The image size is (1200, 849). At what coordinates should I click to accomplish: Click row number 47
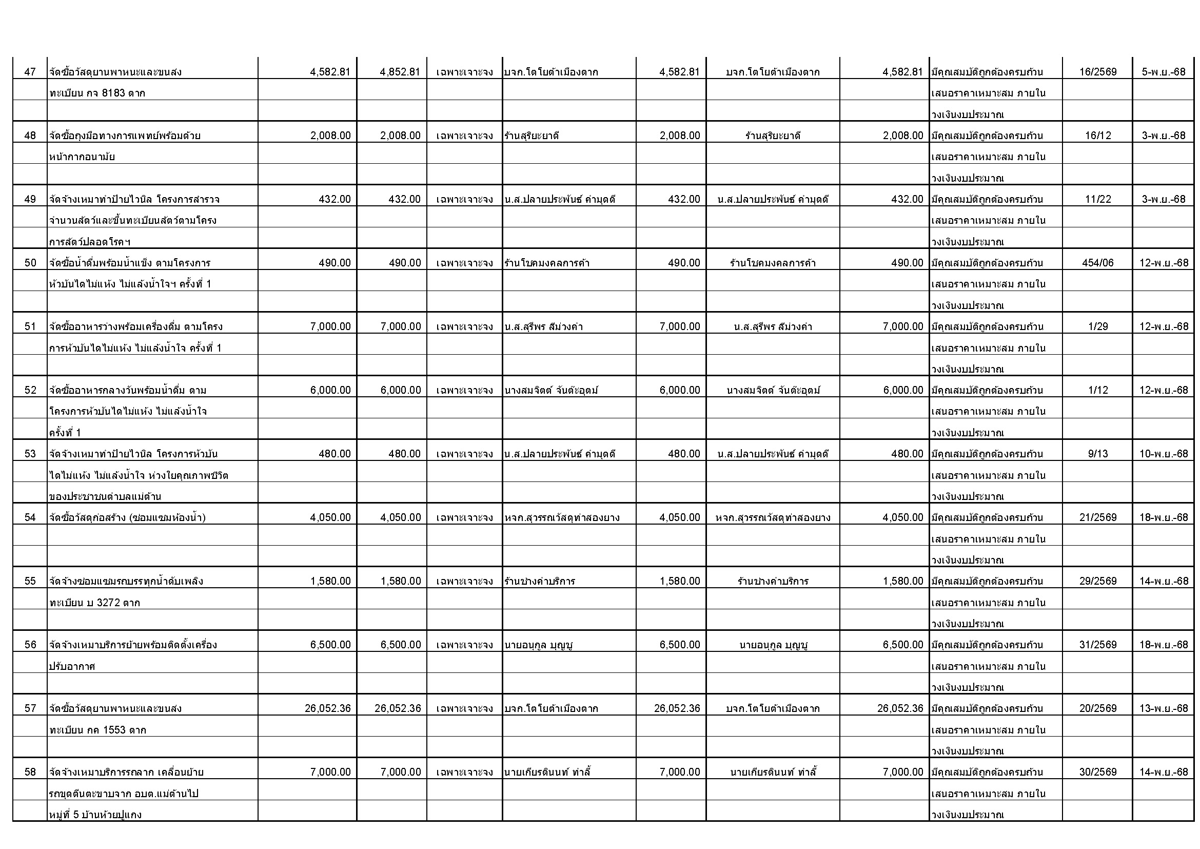pyautogui.click(x=30, y=72)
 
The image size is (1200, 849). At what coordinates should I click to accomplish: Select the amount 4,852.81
pyautogui.click(x=400, y=72)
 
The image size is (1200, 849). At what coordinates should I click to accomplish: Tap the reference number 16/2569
pyautogui.click(x=1097, y=72)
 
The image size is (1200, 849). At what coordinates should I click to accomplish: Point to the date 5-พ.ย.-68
pyautogui.click(x=1164, y=72)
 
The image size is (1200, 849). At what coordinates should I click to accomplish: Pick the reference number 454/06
pyautogui.click(x=1097, y=263)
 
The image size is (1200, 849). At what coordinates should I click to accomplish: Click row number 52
pyautogui.click(x=30, y=391)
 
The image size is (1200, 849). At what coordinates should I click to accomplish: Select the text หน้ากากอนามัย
pyautogui.click(x=82, y=157)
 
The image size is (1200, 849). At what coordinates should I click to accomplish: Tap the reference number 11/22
pyautogui.click(x=1097, y=199)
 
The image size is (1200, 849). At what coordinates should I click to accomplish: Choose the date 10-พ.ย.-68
pyautogui.click(x=1164, y=454)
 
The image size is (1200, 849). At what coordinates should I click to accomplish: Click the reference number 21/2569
pyautogui.click(x=1097, y=517)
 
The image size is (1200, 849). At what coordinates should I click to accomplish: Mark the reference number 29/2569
pyautogui.click(x=1097, y=582)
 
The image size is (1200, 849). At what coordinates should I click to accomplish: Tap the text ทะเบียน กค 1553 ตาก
pyautogui.click(x=98, y=730)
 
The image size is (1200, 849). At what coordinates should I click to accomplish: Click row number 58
pyautogui.click(x=30, y=772)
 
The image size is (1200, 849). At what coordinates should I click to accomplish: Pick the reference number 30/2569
pyautogui.click(x=1097, y=772)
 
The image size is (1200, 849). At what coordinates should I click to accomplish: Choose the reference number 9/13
pyautogui.click(x=1097, y=454)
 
